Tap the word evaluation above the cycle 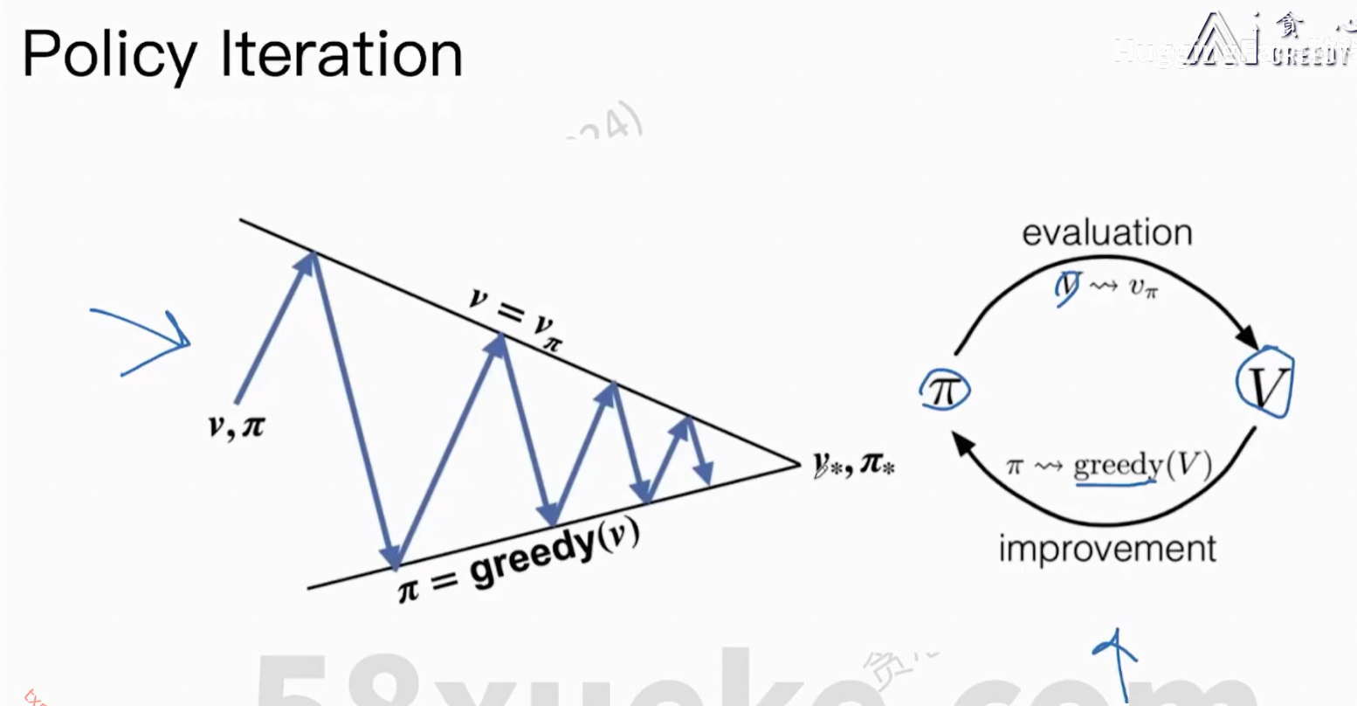(x=1106, y=233)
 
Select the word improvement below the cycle (x=1106, y=550)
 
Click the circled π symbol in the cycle (x=945, y=390)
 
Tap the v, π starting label (x=236, y=426)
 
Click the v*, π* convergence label (x=853, y=464)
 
